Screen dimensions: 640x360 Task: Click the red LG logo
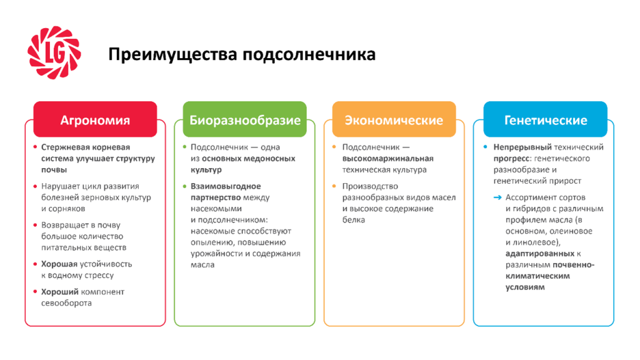(x=54, y=52)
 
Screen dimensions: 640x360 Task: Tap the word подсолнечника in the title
(x=309, y=54)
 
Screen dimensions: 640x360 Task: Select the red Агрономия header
(x=95, y=119)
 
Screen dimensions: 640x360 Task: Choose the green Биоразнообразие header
(x=244, y=119)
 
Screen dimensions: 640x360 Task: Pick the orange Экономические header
(x=394, y=119)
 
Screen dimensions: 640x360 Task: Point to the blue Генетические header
(x=545, y=119)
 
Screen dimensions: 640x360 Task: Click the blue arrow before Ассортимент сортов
(x=497, y=197)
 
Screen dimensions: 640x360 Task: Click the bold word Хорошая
(x=59, y=264)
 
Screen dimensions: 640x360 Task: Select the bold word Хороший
(x=59, y=292)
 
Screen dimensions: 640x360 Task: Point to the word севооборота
(x=66, y=303)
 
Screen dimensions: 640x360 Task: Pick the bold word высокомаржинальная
(x=387, y=159)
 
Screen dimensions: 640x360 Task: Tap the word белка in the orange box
(x=354, y=220)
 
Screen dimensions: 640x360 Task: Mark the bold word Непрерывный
(x=522, y=147)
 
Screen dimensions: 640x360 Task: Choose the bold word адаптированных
(x=540, y=254)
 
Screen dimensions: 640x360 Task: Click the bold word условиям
(x=525, y=287)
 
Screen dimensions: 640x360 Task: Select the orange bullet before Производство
(x=334, y=186)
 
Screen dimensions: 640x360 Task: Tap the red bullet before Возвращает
(x=35, y=225)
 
